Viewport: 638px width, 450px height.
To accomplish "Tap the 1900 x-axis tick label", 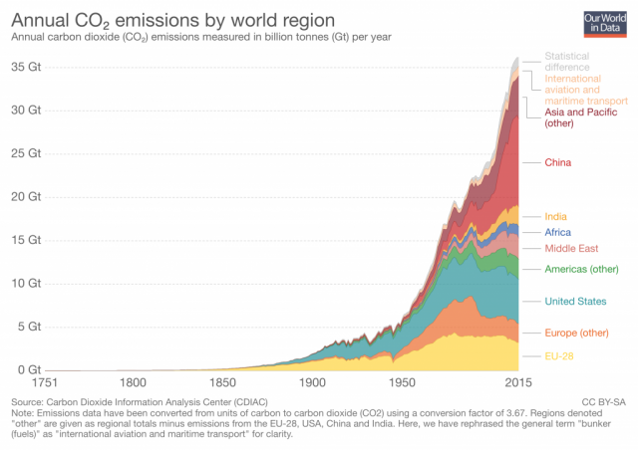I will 314,382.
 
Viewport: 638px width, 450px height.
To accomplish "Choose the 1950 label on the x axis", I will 403,382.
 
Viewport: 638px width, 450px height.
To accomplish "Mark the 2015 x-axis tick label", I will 516,382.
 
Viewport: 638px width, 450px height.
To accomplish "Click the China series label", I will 557,162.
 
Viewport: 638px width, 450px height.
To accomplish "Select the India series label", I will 556,216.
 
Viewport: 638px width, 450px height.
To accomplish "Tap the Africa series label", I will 558,232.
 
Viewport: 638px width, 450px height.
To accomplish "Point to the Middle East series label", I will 570,248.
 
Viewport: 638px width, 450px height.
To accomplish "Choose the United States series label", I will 575,301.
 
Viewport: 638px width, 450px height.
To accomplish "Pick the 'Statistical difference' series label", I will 573,62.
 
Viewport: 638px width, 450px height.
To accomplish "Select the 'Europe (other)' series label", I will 576,333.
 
